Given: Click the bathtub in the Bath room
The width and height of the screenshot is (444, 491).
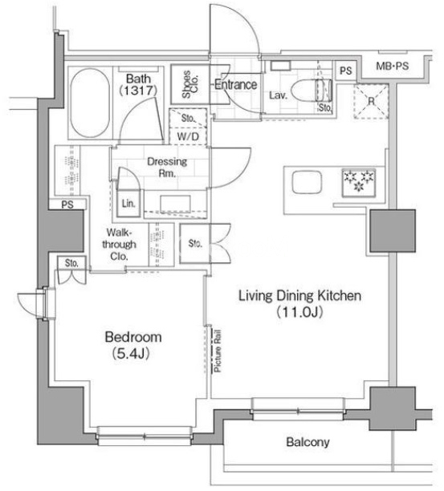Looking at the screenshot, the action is (x=90, y=103).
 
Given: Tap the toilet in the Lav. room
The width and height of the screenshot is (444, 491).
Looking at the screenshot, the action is (x=311, y=90).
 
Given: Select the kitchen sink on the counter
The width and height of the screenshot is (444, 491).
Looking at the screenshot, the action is (x=307, y=182).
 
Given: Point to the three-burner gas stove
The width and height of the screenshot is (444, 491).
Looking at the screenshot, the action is (x=359, y=183).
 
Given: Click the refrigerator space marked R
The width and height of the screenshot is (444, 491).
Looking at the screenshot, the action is (x=371, y=101).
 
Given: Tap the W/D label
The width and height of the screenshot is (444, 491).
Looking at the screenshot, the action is (x=188, y=136).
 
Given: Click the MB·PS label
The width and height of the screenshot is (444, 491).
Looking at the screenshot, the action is (x=393, y=66).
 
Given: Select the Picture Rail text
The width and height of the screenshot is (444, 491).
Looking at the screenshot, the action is (x=217, y=351).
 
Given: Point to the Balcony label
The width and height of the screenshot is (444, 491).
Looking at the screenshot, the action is (x=308, y=442).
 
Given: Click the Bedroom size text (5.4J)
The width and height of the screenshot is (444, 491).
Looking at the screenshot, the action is (x=130, y=353).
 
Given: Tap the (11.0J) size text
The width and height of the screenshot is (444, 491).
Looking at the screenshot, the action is (x=299, y=312).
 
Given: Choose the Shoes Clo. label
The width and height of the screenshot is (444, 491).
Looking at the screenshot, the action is (x=189, y=84).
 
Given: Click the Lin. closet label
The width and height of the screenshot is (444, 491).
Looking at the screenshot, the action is (x=128, y=204).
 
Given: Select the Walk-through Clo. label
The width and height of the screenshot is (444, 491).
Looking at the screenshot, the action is (x=119, y=244).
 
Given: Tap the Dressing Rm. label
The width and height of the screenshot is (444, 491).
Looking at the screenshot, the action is (x=167, y=167).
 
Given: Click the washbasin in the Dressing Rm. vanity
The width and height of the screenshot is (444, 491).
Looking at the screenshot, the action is (x=176, y=204).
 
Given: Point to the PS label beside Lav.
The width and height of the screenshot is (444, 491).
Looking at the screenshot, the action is (x=345, y=71).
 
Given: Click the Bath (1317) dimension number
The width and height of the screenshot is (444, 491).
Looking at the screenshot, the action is (x=137, y=90).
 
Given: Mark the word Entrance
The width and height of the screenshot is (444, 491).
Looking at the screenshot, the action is (x=235, y=84).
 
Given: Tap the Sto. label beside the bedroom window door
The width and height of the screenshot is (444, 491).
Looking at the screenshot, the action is (x=71, y=263).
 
